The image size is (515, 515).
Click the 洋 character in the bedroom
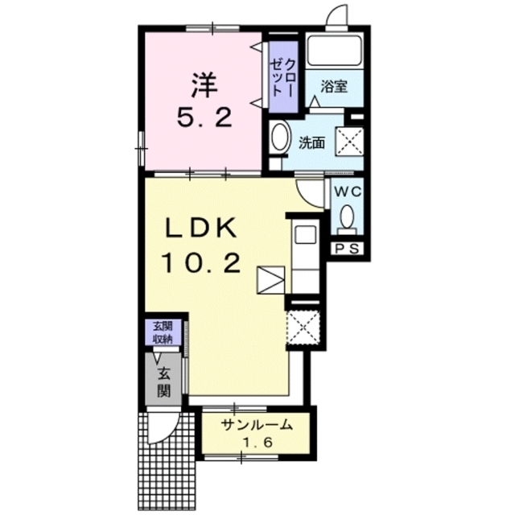coord(204,85)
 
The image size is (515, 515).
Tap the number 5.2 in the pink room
coord(205,118)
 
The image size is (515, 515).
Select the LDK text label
coord(201,228)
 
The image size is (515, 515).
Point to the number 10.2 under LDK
coord(201,264)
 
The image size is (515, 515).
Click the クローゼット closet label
coord(283,77)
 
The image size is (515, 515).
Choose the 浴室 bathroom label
coord(334,86)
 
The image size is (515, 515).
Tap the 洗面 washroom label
coord(311,143)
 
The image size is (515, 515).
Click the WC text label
coord(348,192)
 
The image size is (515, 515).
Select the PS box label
coord(348,249)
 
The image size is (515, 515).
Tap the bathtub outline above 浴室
coord(334,51)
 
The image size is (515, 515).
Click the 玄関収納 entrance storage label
coord(163,332)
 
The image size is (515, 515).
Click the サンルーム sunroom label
coord(256,426)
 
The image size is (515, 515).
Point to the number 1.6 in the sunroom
coord(257,443)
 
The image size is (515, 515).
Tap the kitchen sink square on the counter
coord(306,234)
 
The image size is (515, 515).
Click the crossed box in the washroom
coord(348,142)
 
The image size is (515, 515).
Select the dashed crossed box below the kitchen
coord(303,328)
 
